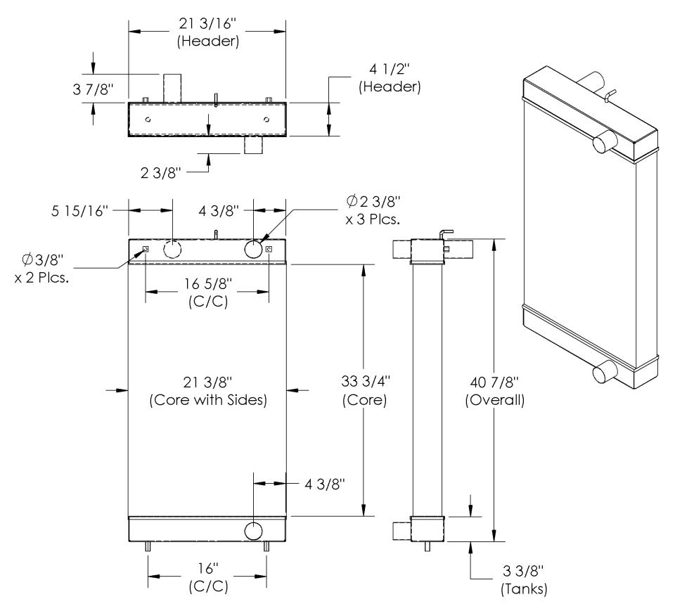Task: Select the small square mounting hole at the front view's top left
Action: (x=146, y=249)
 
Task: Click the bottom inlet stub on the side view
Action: (x=401, y=529)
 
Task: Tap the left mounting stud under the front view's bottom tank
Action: (x=148, y=547)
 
